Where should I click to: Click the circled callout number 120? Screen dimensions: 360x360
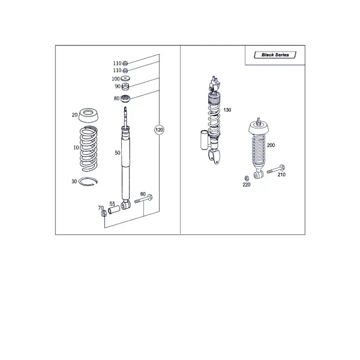(x=159, y=130)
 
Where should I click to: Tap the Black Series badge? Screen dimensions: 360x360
(x=275, y=55)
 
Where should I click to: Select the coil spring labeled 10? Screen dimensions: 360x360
(x=89, y=149)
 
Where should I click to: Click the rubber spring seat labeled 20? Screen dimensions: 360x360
(x=89, y=115)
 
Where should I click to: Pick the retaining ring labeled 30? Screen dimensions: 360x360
(x=88, y=182)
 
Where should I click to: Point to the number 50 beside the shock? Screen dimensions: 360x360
(x=118, y=153)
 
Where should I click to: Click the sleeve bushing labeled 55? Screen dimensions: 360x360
(x=114, y=210)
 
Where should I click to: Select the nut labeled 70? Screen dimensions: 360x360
(x=104, y=213)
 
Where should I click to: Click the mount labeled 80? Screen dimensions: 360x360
(x=125, y=99)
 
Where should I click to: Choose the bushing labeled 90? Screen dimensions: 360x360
(x=125, y=87)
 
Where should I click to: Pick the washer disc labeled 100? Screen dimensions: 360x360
(x=125, y=78)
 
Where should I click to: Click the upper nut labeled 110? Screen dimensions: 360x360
(x=125, y=63)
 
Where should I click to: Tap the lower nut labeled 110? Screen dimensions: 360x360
(x=125, y=70)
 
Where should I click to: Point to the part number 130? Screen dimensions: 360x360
(x=227, y=110)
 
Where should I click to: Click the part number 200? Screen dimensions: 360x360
(x=271, y=145)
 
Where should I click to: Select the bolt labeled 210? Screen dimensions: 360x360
(x=276, y=169)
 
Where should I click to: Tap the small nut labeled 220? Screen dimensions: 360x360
(x=247, y=178)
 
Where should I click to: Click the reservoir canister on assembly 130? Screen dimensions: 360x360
(x=204, y=140)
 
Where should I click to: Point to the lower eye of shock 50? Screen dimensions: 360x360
(x=125, y=205)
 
